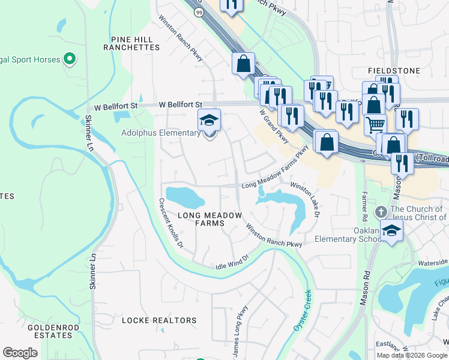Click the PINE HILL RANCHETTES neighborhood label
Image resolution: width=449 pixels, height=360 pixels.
coord(131,43)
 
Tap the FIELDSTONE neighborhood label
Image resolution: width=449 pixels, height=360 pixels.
coord(394,71)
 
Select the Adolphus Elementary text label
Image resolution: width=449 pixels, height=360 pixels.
coord(160,133)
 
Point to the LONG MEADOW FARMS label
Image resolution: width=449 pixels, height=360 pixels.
coord(209,219)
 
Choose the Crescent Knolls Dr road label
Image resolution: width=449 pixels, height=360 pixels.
coord(170,224)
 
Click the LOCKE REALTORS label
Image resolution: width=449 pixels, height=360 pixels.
coord(159,321)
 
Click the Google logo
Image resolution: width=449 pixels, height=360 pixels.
coord(20,352)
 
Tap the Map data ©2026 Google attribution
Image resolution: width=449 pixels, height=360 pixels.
coord(412,355)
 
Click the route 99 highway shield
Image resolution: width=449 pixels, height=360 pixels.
coord(199,11)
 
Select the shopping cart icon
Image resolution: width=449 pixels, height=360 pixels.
coord(375,125)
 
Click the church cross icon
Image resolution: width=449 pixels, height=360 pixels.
coord(380,212)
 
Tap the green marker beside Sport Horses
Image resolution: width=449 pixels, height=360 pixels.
coord(70,59)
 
